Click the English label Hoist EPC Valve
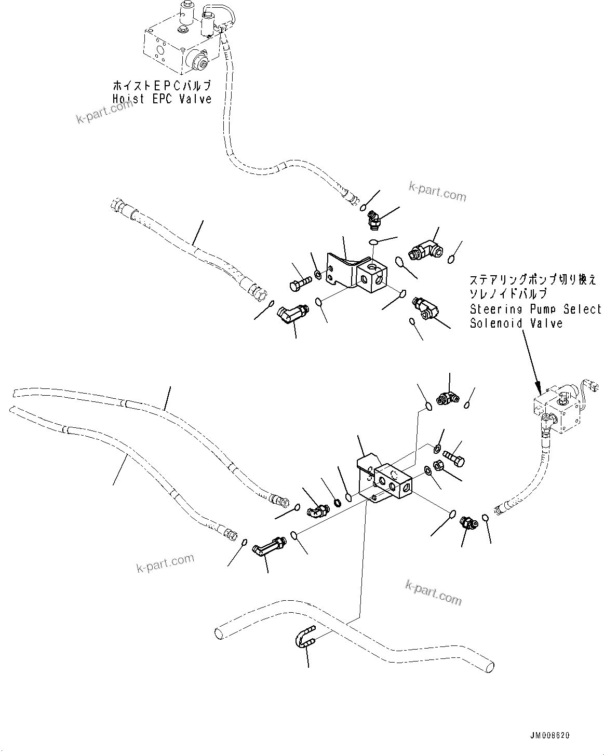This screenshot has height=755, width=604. click(162, 99)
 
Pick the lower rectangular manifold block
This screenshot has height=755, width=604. click(393, 483)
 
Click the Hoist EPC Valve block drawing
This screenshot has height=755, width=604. click(177, 44)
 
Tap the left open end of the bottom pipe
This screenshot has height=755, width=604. click(219, 632)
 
